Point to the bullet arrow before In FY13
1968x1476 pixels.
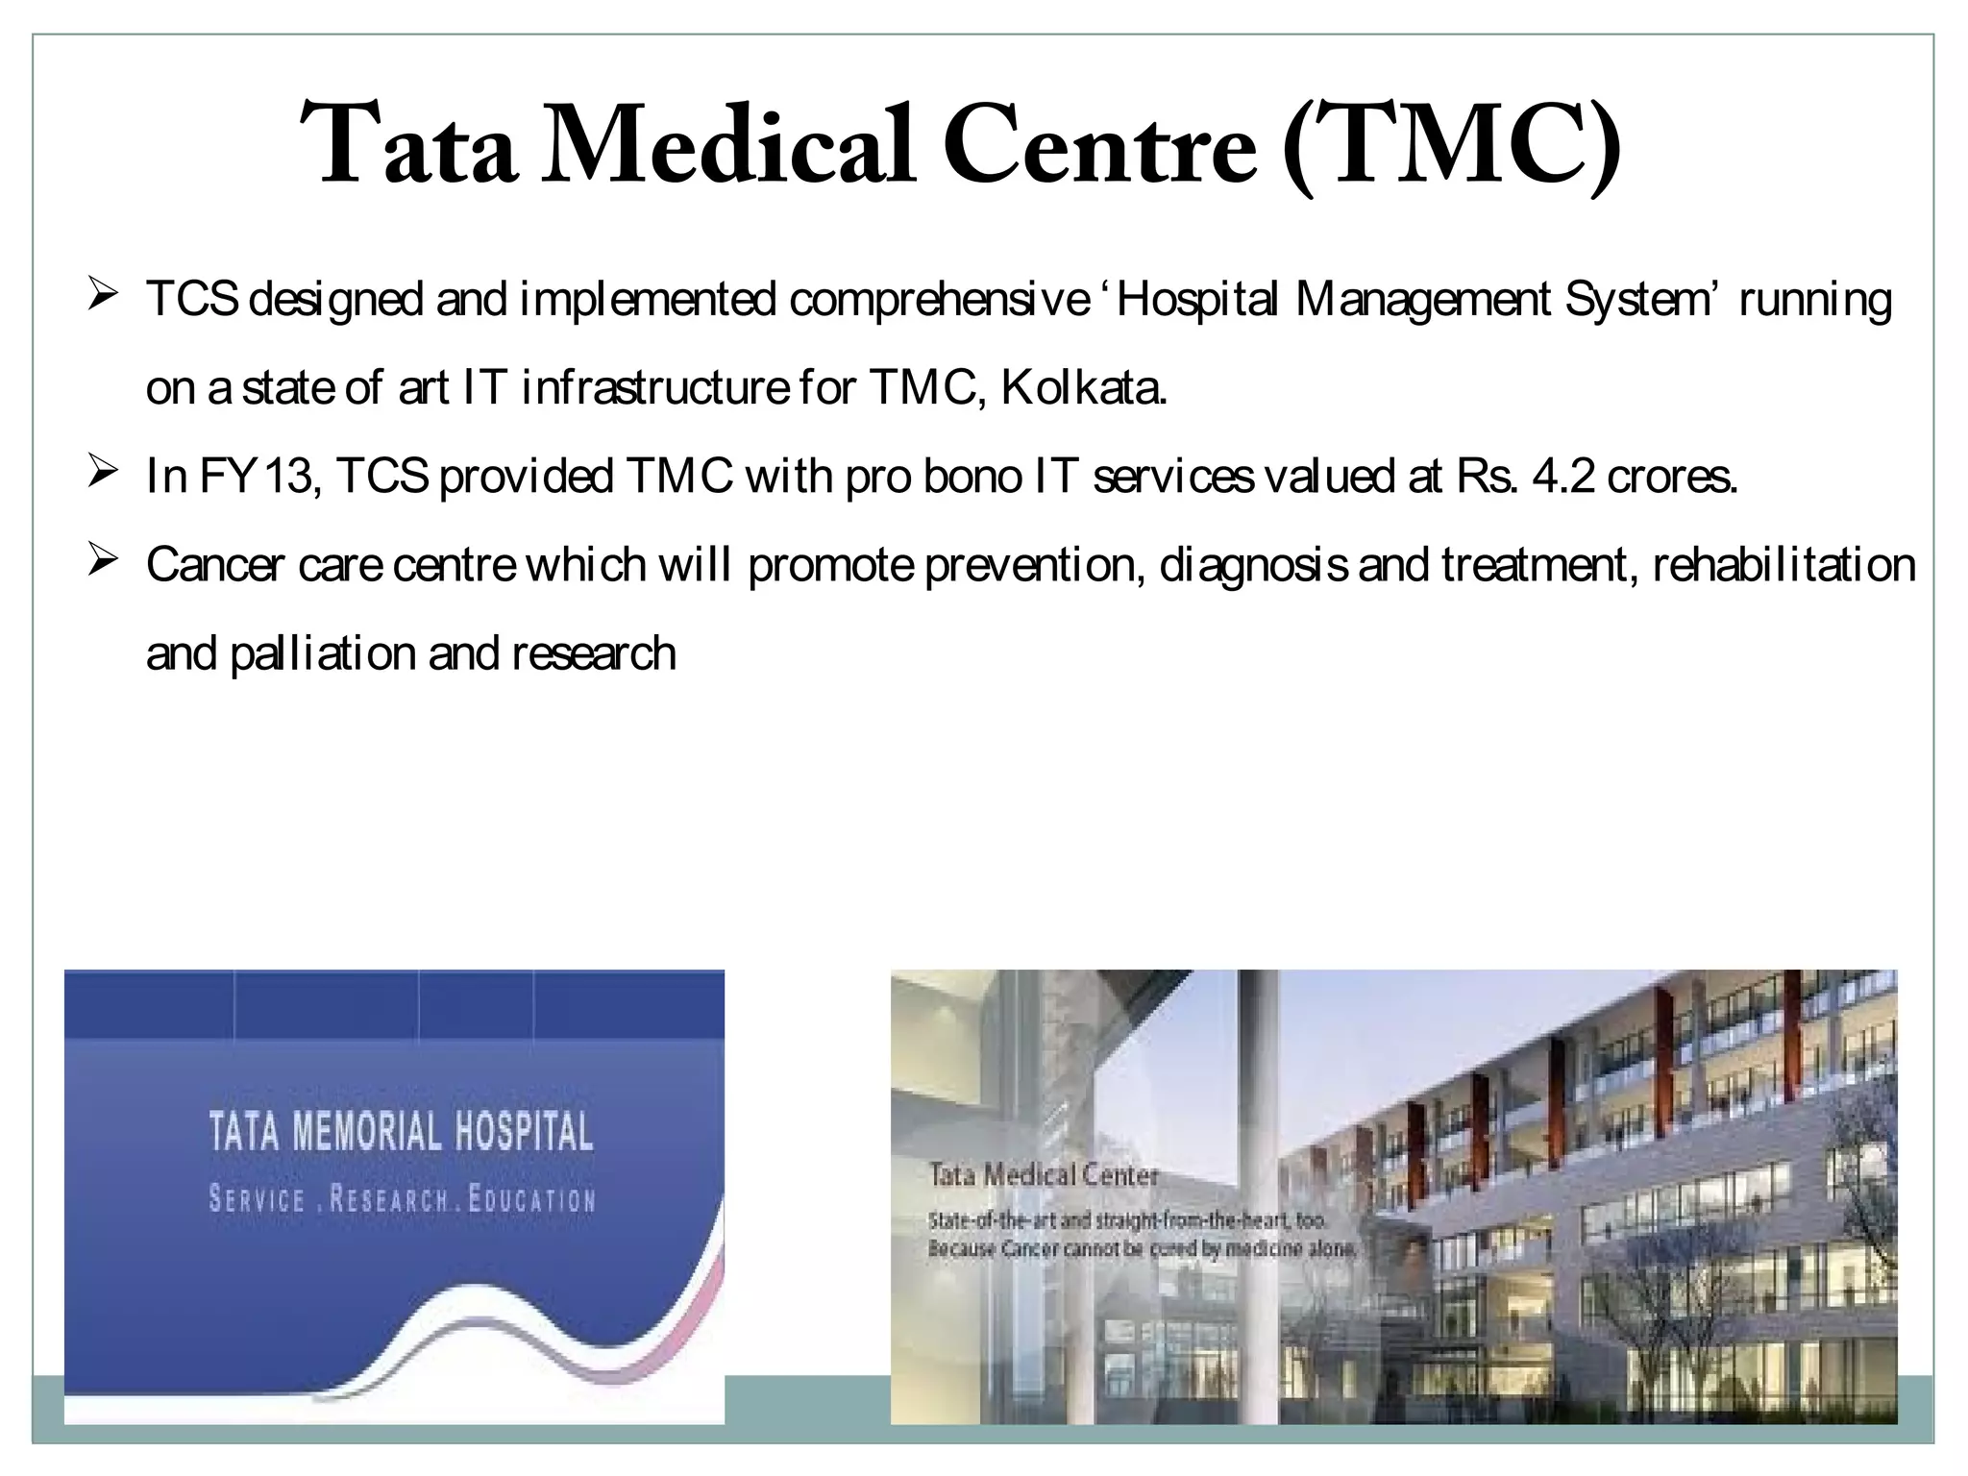click(102, 471)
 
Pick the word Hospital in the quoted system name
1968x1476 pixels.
click(1197, 300)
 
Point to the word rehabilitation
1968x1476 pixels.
click(1784, 565)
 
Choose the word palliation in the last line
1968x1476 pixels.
click(322, 654)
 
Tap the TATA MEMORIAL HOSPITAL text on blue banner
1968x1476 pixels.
click(401, 1132)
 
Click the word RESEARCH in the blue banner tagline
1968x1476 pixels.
click(389, 1200)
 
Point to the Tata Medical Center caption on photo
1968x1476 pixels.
click(1044, 1174)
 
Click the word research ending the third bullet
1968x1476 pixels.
click(594, 654)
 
